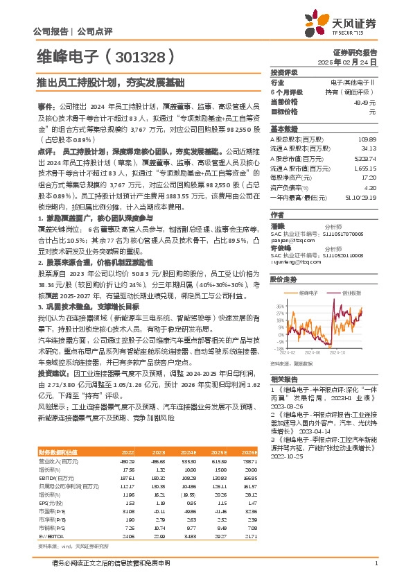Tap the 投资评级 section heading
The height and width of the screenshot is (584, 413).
coord(283,72)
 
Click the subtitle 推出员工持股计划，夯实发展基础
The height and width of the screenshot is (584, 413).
coord(109,83)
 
